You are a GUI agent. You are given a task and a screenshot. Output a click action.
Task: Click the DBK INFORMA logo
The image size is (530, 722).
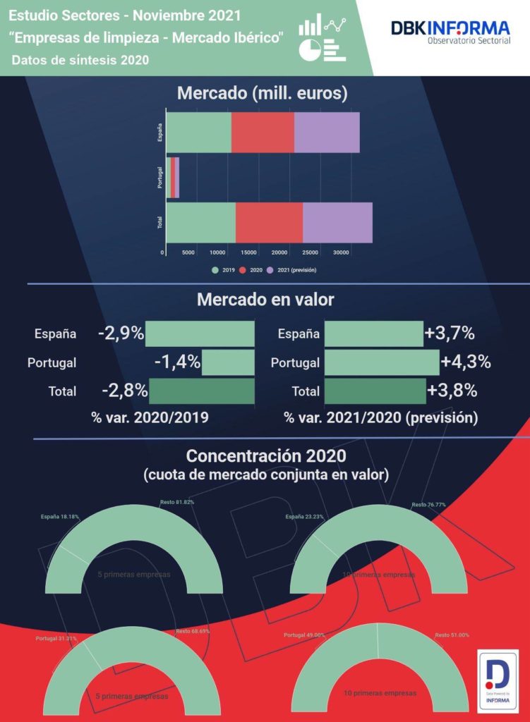tap(450, 32)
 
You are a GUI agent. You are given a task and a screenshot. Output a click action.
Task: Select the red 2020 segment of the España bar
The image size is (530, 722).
tap(263, 132)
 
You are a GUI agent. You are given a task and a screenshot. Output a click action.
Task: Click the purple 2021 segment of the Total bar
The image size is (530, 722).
tap(337, 223)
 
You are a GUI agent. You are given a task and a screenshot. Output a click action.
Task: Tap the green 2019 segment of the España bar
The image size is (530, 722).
tap(198, 132)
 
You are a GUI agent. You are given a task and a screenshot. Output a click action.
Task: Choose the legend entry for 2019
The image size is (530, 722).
tap(227, 270)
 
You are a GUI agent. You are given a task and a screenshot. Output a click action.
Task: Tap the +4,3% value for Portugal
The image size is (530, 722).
tap(465, 363)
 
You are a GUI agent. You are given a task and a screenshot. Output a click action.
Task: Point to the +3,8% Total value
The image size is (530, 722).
tap(452, 391)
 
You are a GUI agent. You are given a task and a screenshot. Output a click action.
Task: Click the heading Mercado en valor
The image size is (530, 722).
tap(265, 300)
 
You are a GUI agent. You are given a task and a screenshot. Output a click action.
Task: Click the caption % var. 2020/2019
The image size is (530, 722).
tap(150, 417)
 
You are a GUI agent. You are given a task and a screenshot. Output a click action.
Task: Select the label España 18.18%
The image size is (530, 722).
tap(59, 517)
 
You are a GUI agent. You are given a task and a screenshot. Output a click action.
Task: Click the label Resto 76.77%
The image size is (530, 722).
tap(430, 505)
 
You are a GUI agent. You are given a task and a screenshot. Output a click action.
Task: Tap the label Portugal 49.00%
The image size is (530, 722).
tap(304, 635)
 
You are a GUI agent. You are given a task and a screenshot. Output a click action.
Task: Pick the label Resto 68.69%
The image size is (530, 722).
tap(193, 631)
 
